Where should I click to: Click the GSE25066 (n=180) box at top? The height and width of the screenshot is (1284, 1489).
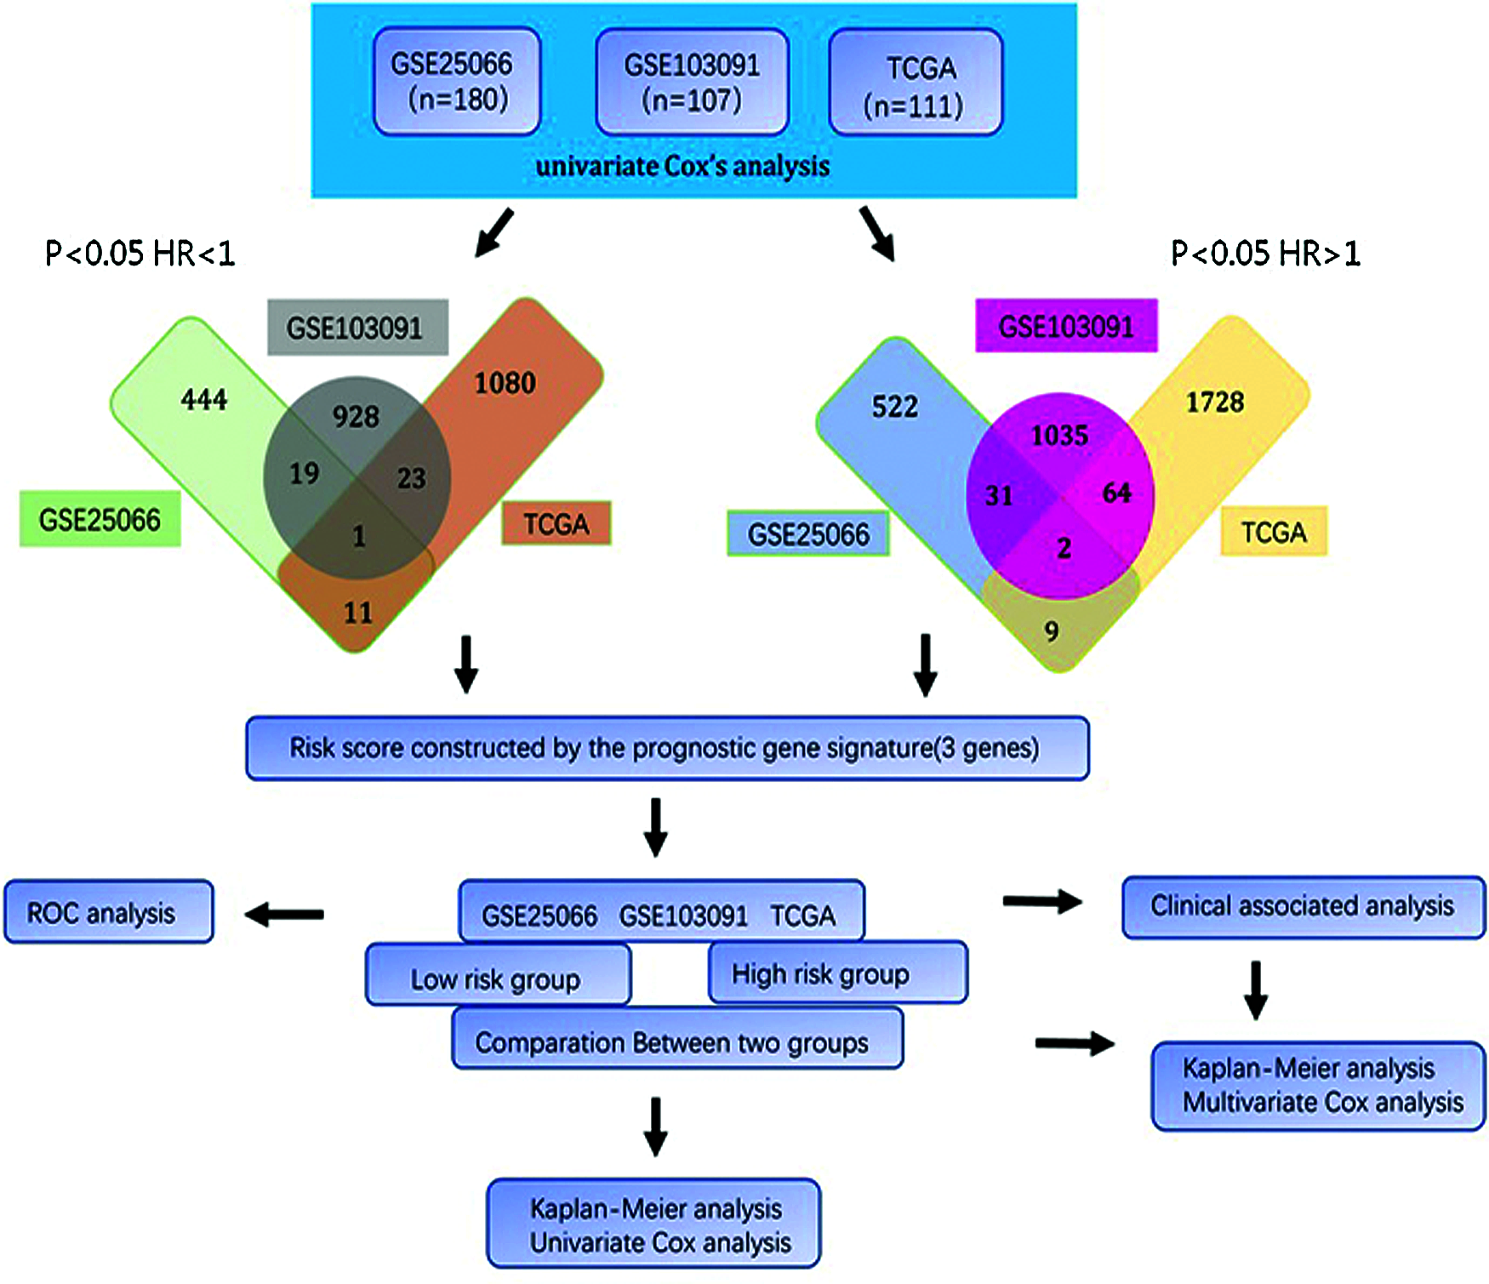pyautogui.click(x=457, y=82)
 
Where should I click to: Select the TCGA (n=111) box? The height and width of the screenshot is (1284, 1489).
pyautogui.click(x=916, y=83)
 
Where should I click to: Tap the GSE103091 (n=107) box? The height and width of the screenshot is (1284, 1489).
pyautogui.click(x=692, y=83)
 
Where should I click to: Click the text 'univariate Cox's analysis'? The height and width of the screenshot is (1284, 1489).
pyautogui.click(x=682, y=166)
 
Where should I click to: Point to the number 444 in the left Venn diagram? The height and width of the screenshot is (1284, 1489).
pyautogui.click(x=204, y=399)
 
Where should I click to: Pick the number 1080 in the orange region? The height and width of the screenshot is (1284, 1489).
pyautogui.click(x=505, y=383)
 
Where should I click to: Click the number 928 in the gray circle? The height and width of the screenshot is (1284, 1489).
pyautogui.click(x=356, y=416)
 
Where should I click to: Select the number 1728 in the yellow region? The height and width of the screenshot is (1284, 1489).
pyautogui.click(x=1215, y=402)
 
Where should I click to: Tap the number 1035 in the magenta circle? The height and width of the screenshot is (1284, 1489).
pyautogui.click(x=1059, y=436)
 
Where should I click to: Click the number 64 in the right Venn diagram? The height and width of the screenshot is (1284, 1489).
pyautogui.click(x=1116, y=493)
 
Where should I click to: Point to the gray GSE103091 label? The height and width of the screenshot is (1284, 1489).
pyautogui.click(x=358, y=327)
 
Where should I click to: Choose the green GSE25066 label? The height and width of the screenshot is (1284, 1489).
pyautogui.click(x=100, y=519)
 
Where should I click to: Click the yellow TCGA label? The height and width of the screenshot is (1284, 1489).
pyautogui.click(x=1274, y=532)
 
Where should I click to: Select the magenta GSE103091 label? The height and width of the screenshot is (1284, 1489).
pyautogui.click(x=1066, y=325)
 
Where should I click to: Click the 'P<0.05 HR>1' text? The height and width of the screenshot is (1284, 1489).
pyautogui.click(x=1266, y=254)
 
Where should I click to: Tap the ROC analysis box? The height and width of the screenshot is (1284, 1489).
pyautogui.click(x=109, y=911)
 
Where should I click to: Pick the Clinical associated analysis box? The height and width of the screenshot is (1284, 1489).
pyautogui.click(x=1304, y=907)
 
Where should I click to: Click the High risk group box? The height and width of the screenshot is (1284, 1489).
pyautogui.click(x=838, y=973)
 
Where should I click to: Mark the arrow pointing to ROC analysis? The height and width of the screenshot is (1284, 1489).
pyautogui.click(x=284, y=915)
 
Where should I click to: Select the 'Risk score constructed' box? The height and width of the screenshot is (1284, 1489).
pyautogui.click(x=667, y=748)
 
